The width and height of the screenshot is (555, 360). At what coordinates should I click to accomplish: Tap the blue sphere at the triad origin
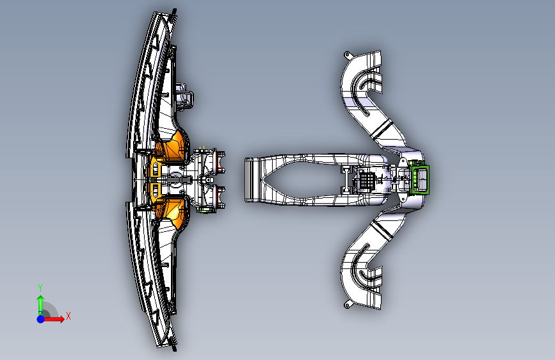click(40, 318)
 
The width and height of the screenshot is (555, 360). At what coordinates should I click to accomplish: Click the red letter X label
click(68, 316)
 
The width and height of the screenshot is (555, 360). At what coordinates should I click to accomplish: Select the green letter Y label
click(40, 288)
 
